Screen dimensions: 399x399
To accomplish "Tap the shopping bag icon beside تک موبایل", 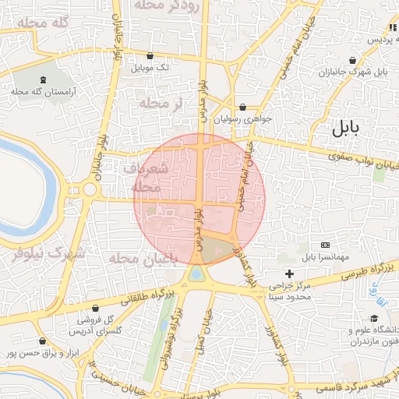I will point(150,56).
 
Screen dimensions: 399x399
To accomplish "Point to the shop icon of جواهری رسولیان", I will point(242,108).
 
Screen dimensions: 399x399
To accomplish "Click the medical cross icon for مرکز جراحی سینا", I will point(289,274).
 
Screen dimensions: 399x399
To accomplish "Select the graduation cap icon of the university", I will point(374,319).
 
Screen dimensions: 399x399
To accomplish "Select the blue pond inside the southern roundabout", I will point(197,274).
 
